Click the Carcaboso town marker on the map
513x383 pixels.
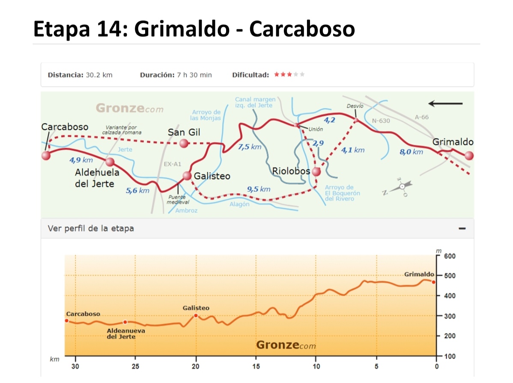tap(46, 156)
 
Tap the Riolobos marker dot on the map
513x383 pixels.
tap(316, 172)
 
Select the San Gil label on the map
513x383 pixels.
tap(184, 133)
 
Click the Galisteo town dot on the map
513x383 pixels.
tap(187, 176)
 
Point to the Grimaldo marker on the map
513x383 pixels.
tap(469, 156)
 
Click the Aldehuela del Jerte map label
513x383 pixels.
tap(95, 178)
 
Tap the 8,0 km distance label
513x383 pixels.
tap(411, 152)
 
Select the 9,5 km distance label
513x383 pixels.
tap(259, 189)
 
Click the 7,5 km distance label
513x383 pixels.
tap(249, 147)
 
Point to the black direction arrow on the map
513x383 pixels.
tap(445, 103)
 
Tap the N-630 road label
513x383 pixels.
tap(381, 121)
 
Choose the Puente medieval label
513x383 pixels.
tap(177, 199)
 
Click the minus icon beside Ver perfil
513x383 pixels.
tap(462, 229)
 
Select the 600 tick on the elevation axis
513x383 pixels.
tap(450, 256)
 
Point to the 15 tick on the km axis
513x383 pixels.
tap(256, 366)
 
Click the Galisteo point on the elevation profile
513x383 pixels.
tap(196, 315)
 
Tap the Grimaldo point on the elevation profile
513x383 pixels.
tap(433, 282)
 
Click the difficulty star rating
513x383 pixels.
tap(289, 75)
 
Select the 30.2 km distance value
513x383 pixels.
tap(99, 75)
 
